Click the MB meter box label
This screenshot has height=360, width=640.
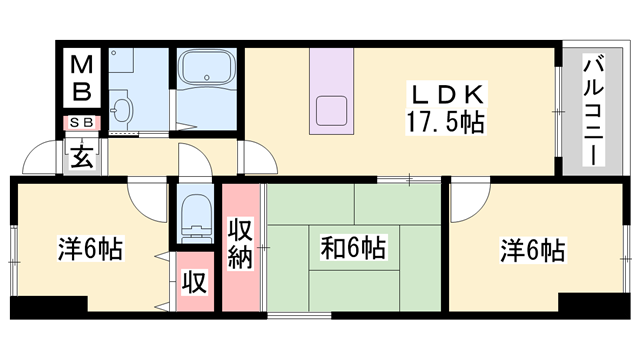(82, 78)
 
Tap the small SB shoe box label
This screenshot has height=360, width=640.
(82, 122)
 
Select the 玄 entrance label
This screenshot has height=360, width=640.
(82, 156)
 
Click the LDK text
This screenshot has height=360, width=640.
(447, 95)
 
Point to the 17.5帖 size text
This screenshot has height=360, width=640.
(445, 121)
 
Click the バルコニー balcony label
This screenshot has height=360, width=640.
(593, 110)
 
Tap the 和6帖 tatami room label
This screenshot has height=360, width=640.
(353, 247)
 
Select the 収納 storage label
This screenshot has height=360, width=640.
(240, 244)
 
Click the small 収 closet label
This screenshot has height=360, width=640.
(195, 282)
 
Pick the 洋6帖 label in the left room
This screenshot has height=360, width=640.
(90, 248)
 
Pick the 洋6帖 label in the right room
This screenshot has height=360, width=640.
(533, 250)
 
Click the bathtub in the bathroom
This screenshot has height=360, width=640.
(207, 68)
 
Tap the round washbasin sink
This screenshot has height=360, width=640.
(122, 110)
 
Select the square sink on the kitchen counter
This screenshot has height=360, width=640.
(331, 111)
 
